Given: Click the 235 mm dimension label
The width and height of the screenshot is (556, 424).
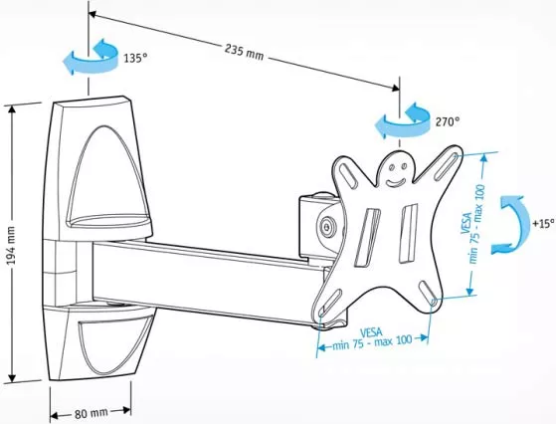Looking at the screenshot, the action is point(245,52).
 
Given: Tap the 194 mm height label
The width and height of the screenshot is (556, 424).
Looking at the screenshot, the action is point(11,246).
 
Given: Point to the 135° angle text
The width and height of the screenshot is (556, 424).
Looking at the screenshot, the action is point(135,58).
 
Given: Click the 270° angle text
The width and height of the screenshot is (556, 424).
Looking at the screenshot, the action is point(448,121).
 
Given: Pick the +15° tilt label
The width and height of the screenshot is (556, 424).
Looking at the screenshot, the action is point(543,224).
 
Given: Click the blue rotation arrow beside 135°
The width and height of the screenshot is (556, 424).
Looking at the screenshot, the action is point(92,57).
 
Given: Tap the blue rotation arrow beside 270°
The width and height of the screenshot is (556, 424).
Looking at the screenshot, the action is point(403,120).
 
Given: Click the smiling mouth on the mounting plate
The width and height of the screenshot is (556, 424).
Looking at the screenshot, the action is point(396,183).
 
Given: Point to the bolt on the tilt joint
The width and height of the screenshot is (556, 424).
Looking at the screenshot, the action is point(327,226).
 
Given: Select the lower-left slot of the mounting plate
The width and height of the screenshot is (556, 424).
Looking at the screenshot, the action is point(330,303).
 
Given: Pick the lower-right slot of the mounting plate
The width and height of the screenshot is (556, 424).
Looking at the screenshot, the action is point(428,292).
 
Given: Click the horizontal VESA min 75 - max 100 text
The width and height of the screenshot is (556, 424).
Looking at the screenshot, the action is point(372,338).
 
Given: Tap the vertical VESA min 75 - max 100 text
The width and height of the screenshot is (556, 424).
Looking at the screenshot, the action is point(472,224).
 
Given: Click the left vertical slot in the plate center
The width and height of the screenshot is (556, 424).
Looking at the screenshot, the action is point(367,237).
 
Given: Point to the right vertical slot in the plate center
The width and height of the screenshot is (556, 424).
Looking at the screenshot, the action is point(409,234).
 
